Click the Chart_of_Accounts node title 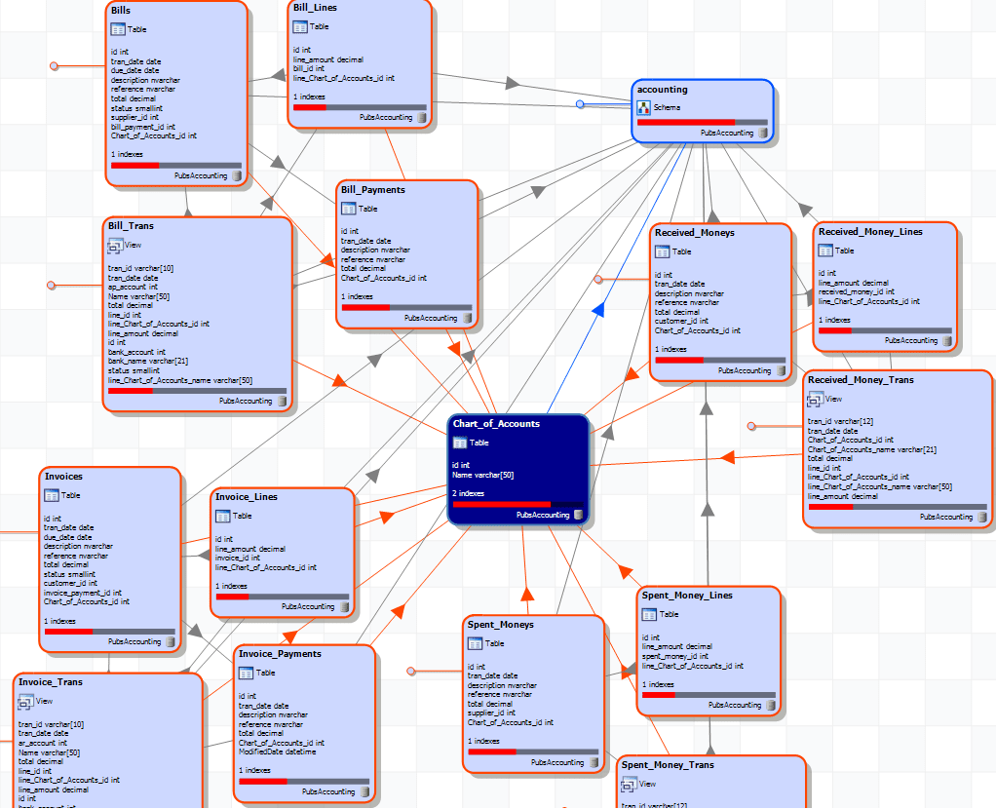496,424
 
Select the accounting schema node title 662,90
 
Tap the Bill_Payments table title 373,190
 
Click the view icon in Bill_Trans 114,246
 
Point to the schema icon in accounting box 643,108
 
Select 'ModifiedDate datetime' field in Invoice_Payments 278,751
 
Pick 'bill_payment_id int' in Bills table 143,127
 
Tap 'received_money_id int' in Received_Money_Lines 856,291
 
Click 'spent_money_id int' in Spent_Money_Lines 675,656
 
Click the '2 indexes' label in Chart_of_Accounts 469,494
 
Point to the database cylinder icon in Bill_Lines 422,118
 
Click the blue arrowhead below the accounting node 599,309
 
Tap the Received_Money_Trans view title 861,380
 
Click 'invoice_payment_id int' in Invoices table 83,593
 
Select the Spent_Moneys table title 501,624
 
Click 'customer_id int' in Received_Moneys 681,321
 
